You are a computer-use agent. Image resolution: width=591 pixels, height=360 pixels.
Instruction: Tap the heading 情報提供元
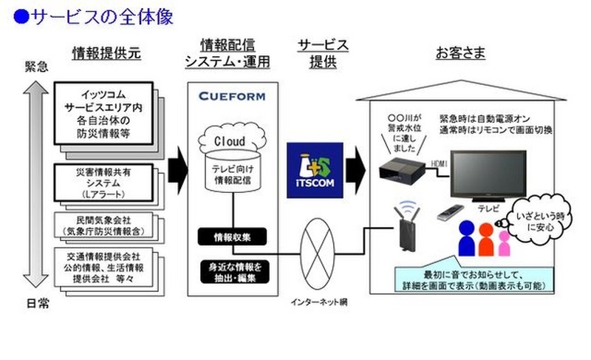pos(106,52)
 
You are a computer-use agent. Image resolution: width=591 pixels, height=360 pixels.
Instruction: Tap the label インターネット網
pos(319,302)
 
